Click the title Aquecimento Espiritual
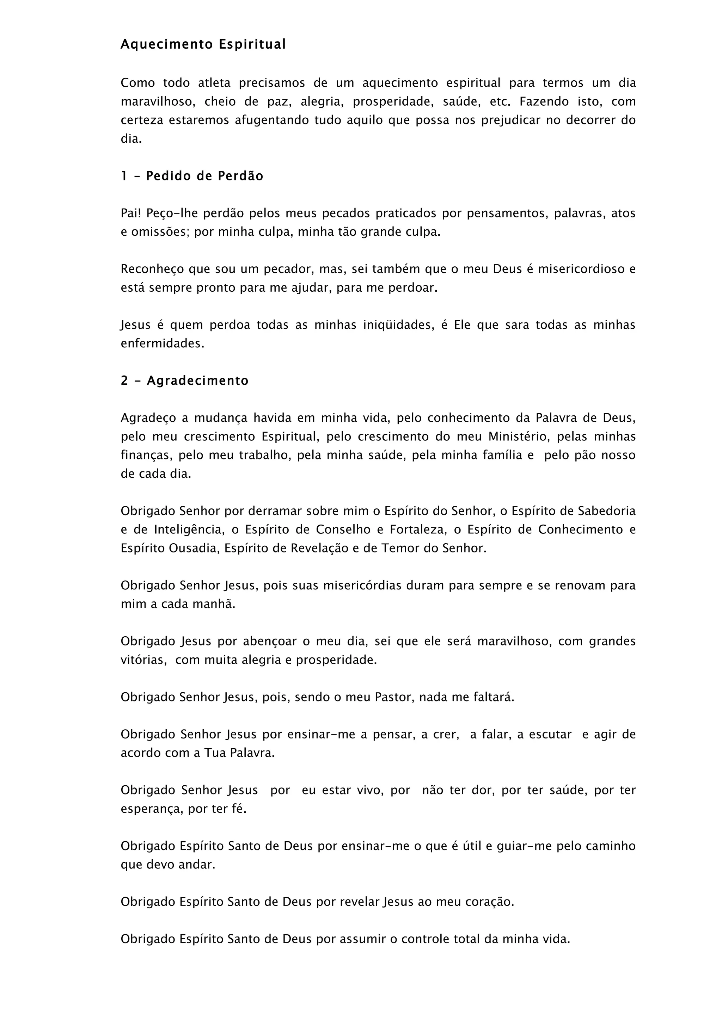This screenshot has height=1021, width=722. click(203, 44)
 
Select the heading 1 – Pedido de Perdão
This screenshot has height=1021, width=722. click(192, 176)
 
